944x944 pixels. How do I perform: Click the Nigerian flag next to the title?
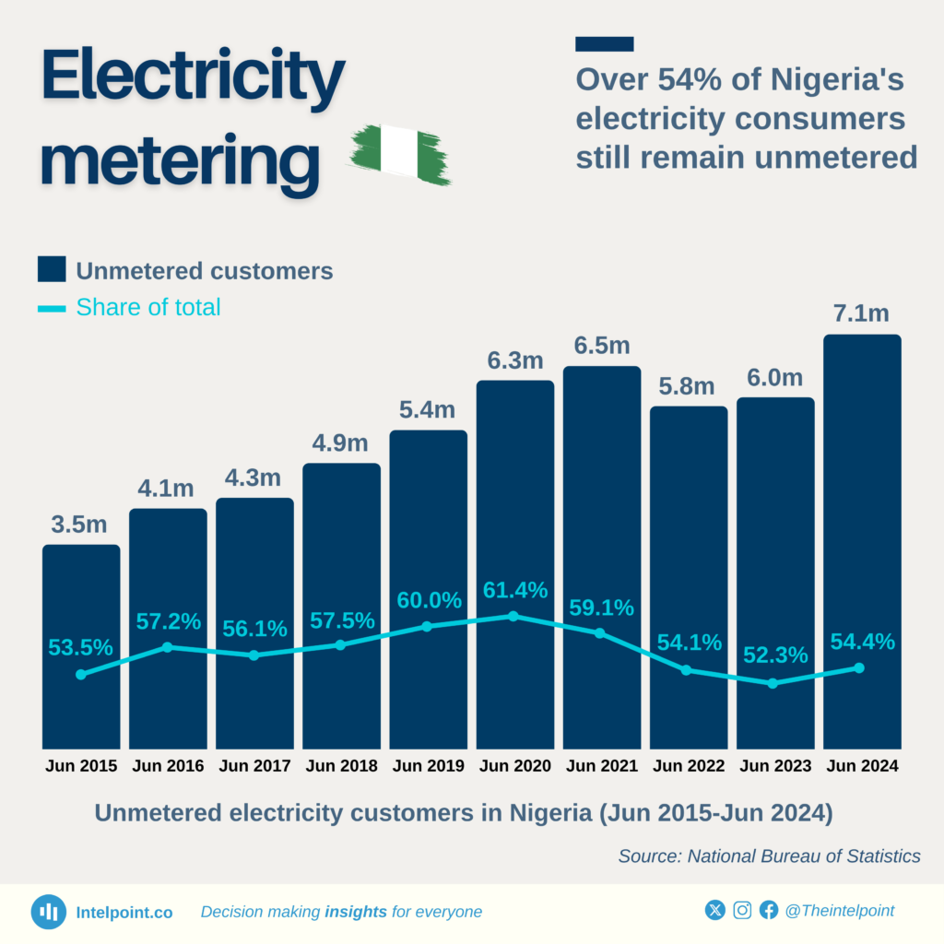[400, 153]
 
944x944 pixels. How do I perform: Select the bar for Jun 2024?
[861, 544]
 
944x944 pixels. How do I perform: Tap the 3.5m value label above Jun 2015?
[78, 525]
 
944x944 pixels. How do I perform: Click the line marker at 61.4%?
[513, 616]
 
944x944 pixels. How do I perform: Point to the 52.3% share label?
[774, 655]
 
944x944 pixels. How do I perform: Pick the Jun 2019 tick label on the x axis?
[428, 766]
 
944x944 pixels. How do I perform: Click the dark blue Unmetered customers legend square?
[52, 270]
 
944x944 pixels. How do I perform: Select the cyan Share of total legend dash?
[52, 308]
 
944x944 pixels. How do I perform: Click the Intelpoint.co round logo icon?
[48, 912]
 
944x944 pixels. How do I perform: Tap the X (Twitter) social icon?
[715, 911]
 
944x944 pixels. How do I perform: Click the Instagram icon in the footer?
[742, 911]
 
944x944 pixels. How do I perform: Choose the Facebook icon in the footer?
[769, 911]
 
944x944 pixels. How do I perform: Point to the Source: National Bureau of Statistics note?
[769, 856]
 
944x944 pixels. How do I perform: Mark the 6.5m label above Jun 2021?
[601, 347]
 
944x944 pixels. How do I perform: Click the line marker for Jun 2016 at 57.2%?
[167, 647]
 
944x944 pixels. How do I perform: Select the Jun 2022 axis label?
[688, 766]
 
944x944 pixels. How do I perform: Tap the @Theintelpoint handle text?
[839, 911]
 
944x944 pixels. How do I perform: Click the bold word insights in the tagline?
[356, 912]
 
